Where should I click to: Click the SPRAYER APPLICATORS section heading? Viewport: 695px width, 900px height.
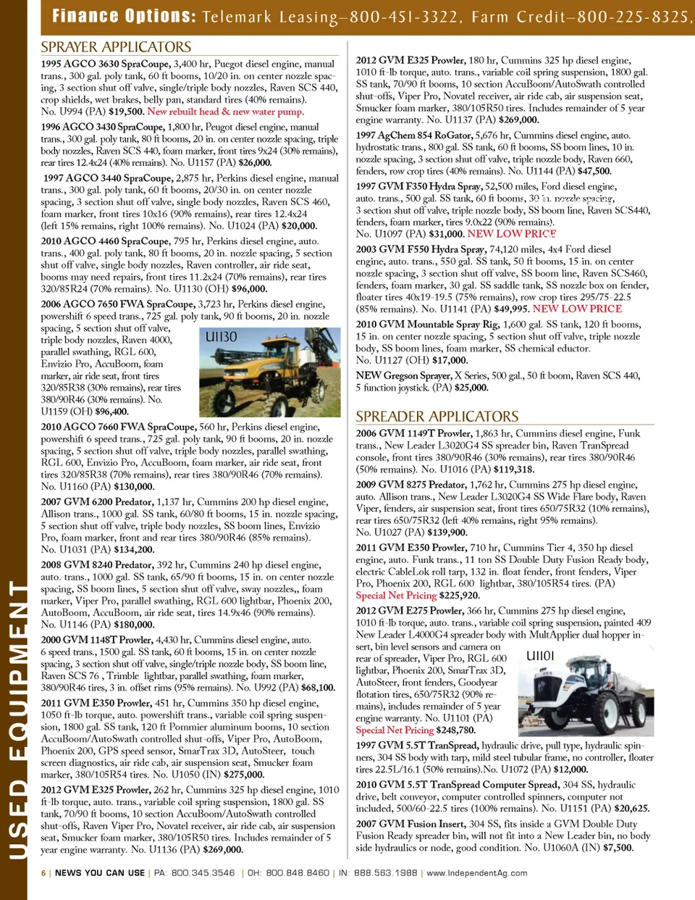coord(116,47)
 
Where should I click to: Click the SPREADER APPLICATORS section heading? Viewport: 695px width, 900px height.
coord(437,417)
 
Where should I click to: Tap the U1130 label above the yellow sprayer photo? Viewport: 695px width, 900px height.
coord(221,336)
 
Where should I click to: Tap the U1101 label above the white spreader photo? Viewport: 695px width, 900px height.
coord(540,656)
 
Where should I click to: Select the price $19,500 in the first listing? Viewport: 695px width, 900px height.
coord(126,112)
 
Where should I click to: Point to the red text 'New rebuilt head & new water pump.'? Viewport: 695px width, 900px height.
coord(225,112)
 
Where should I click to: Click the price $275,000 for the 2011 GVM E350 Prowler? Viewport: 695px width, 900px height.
coord(244,774)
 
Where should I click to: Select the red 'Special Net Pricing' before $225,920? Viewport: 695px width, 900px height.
coord(396,595)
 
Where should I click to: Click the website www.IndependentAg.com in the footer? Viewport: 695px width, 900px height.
coord(477,873)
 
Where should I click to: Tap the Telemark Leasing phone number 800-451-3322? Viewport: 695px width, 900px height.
coord(405,17)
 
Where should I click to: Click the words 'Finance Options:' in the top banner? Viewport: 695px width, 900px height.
coord(124,16)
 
